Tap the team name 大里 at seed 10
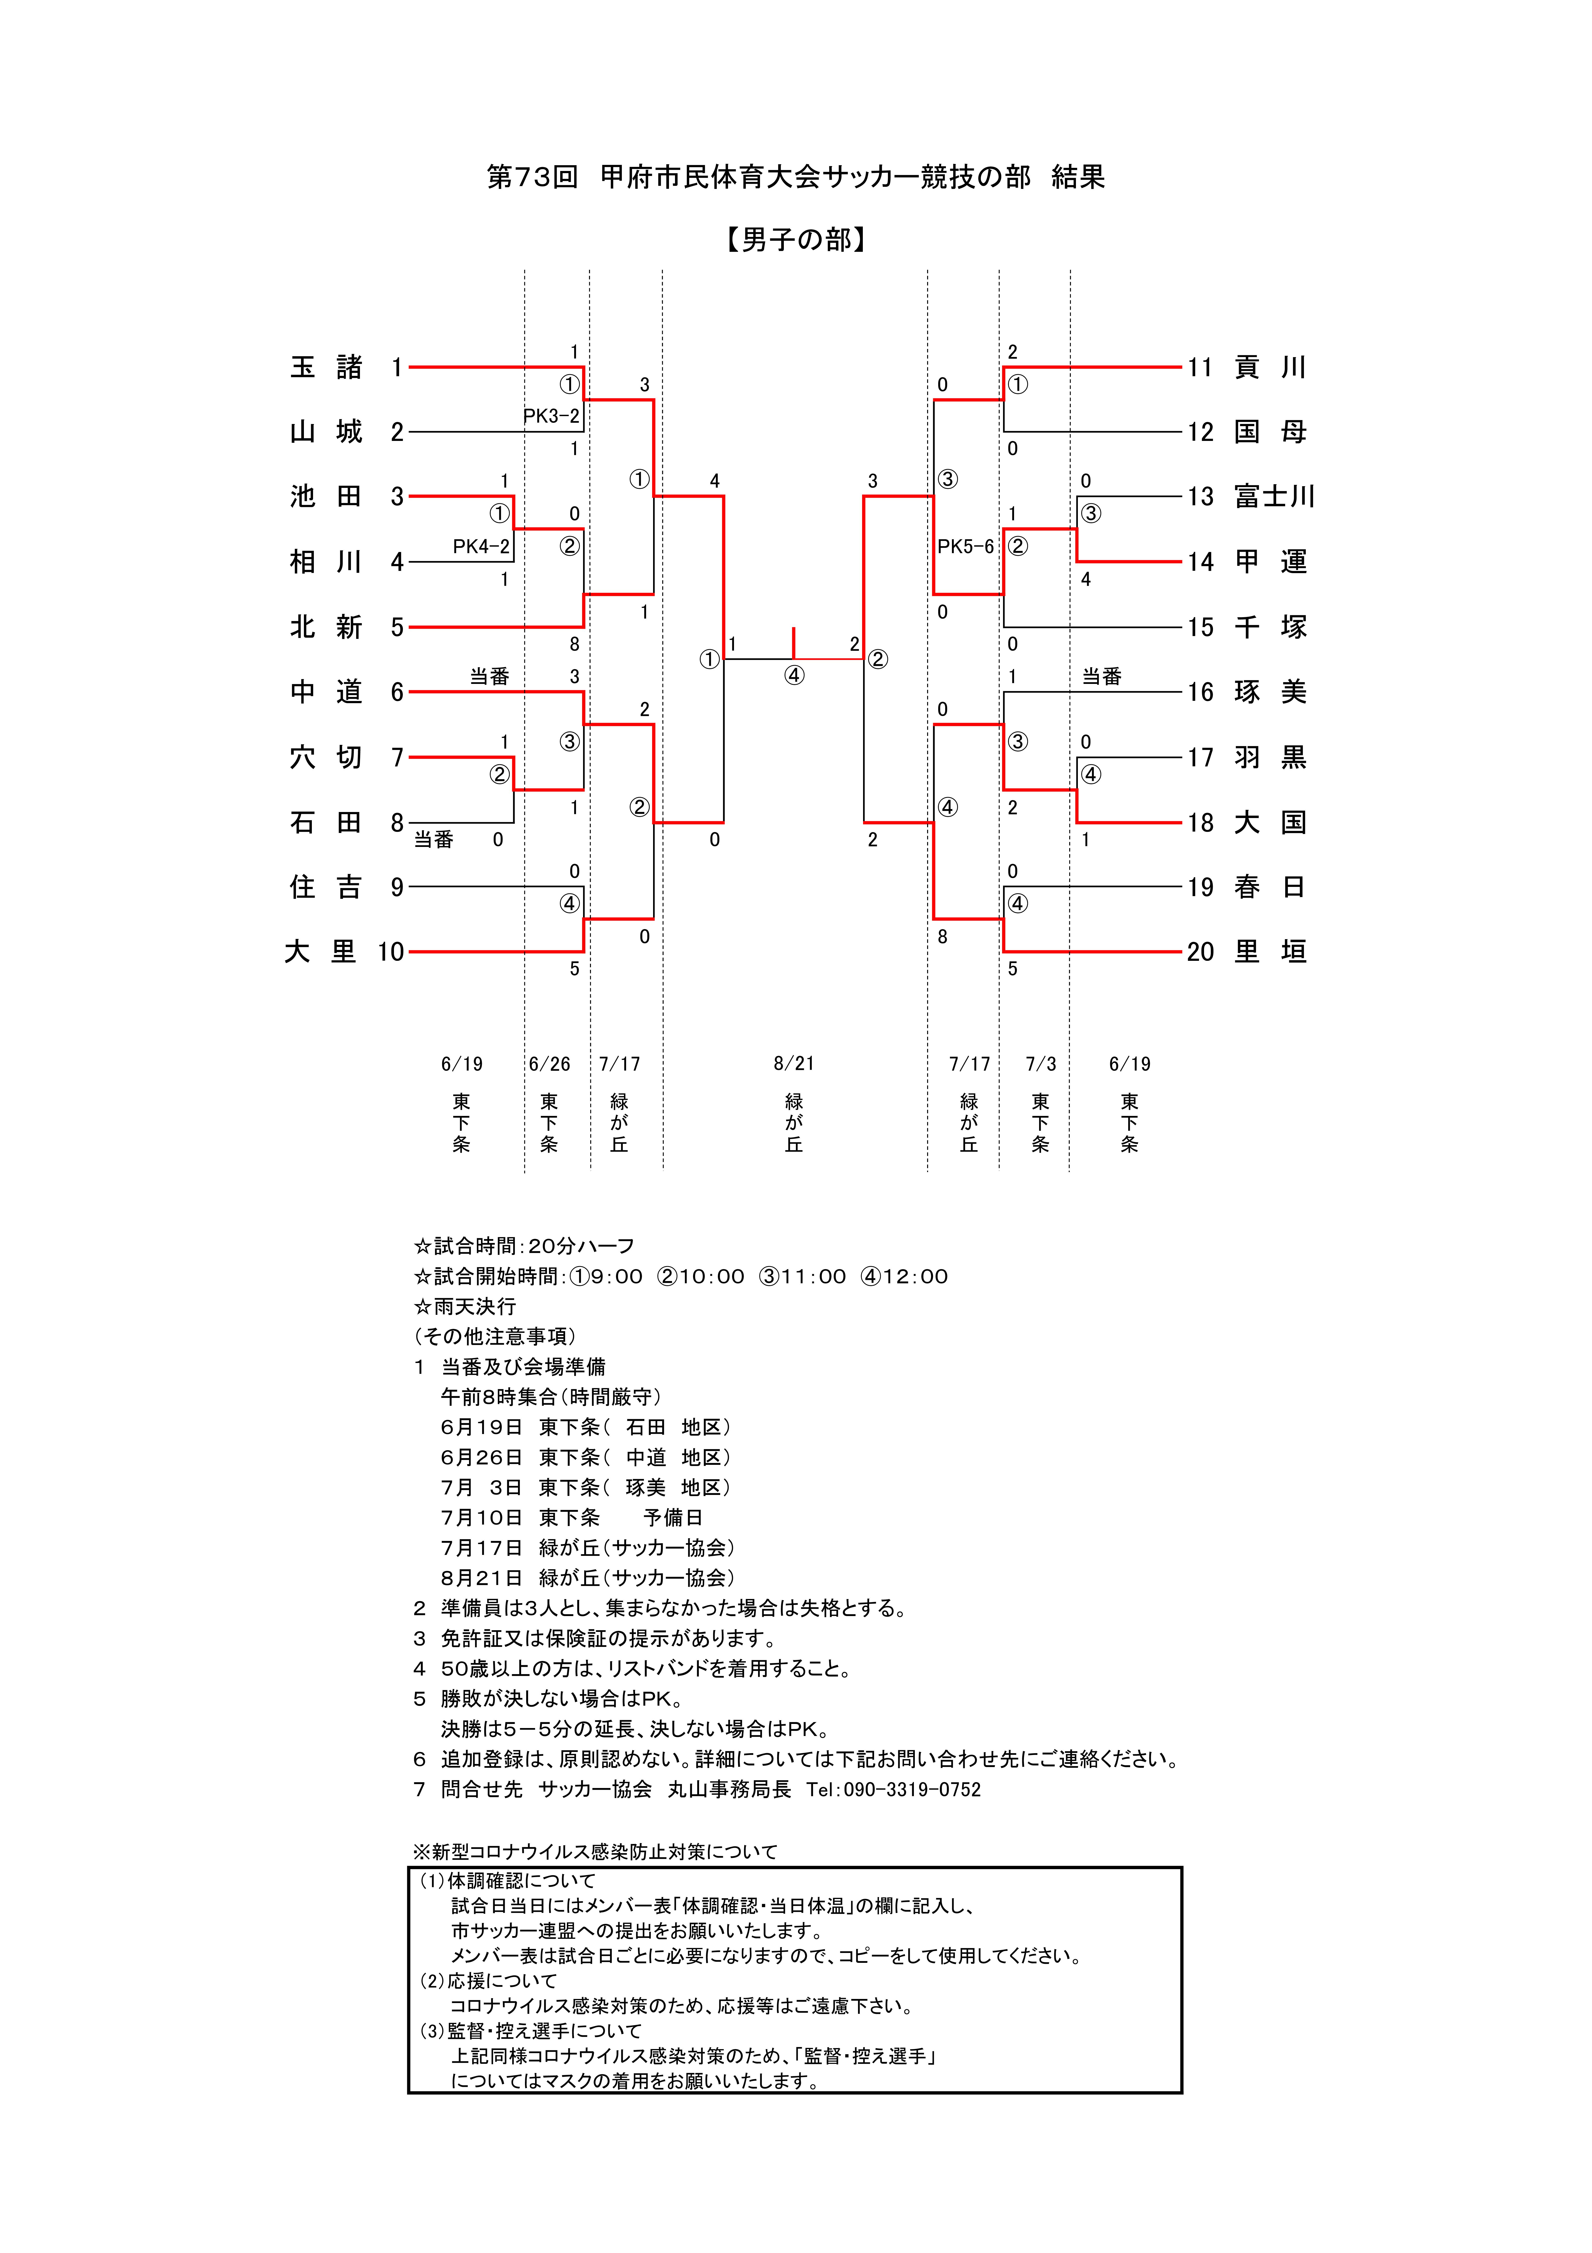click(320, 952)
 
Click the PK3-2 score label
click(552, 416)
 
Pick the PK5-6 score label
click(966, 547)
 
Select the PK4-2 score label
click(481, 547)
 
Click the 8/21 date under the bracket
click(794, 1064)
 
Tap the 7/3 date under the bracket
click(1040, 1064)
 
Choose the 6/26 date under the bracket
click(550, 1064)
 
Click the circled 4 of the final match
click(794, 675)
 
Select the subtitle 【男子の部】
click(796, 239)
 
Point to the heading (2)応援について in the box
click(488, 1981)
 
